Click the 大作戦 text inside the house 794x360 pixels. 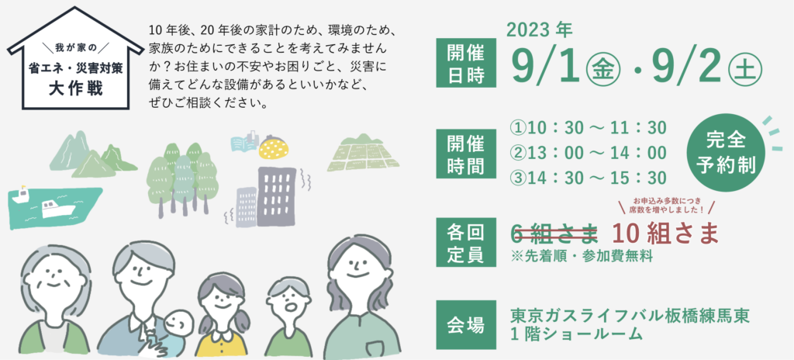click(x=75, y=88)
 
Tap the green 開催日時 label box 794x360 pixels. click(x=466, y=64)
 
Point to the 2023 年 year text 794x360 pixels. click(x=539, y=30)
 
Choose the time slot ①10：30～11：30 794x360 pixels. click(x=588, y=128)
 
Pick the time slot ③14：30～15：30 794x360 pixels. click(x=588, y=178)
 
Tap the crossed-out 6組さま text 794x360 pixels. click(x=554, y=234)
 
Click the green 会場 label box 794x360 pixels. click(x=466, y=325)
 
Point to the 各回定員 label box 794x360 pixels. click(x=466, y=242)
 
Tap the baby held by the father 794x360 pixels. click(x=174, y=330)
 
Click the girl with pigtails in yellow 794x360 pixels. click(x=223, y=315)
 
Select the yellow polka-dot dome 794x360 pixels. click(x=274, y=149)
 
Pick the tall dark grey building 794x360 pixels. click(x=276, y=196)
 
